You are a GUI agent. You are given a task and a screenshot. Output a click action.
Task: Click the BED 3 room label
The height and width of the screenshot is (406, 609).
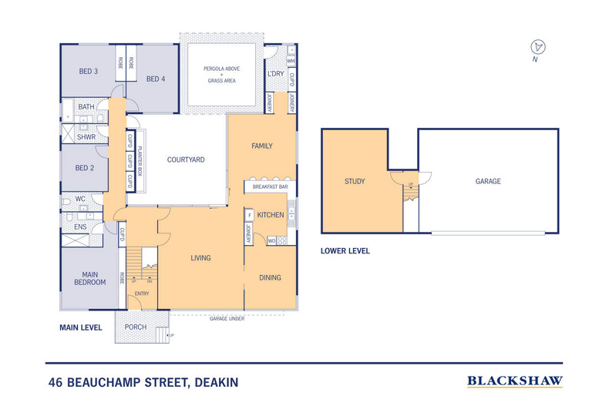click(88, 71)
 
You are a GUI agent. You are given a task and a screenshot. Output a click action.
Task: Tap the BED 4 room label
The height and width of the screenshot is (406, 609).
click(156, 79)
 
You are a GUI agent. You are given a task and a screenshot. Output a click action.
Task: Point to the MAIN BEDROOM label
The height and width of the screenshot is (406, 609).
click(90, 278)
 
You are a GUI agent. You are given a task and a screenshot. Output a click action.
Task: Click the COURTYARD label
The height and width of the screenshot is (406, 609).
click(186, 160)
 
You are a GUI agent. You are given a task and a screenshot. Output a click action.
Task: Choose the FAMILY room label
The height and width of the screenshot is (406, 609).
click(262, 146)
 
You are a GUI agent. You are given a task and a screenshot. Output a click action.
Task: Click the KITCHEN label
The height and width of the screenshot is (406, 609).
click(271, 214)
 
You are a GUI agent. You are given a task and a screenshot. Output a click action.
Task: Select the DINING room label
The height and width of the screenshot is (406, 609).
click(270, 277)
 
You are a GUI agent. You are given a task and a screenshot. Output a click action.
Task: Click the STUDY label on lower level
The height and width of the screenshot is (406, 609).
click(355, 182)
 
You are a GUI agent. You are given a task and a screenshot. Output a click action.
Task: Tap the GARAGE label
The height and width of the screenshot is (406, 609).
click(488, 182)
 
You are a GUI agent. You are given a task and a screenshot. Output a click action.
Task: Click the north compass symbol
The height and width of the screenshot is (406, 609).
click(538, 47)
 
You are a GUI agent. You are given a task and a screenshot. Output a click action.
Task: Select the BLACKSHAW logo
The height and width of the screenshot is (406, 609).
click(515, 381)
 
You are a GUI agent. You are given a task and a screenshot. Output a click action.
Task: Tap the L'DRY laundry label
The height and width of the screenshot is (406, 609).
click(275, 74)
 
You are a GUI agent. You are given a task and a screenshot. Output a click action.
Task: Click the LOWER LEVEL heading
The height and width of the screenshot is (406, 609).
click(345, 251)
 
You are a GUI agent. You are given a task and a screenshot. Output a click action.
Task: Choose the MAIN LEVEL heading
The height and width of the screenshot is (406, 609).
click(81, 327)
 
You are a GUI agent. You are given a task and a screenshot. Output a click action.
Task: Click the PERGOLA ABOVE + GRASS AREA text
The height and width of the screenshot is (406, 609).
click(221, 74)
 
